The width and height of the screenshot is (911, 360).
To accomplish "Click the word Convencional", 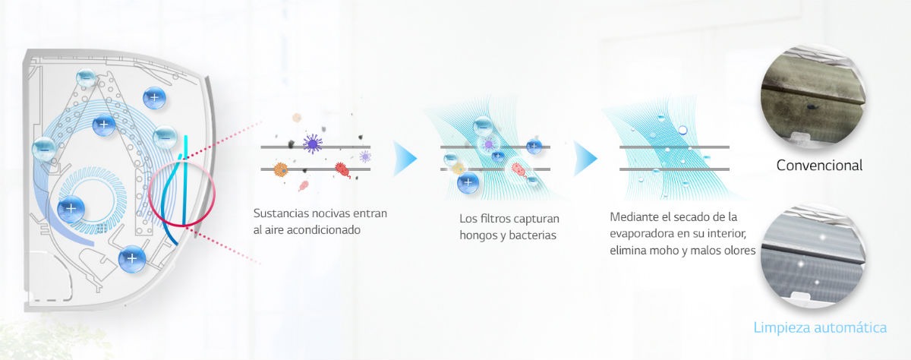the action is tap(819, 165).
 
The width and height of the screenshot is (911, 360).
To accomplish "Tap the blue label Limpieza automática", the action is tap(820, 327).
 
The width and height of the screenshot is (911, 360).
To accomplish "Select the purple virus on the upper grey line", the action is tap(313, 144).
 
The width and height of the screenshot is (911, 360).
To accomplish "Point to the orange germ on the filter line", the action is tap(280, 169).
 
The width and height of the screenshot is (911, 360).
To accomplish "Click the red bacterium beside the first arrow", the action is tap(343, 169).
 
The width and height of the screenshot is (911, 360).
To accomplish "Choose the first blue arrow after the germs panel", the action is tap(405, 158).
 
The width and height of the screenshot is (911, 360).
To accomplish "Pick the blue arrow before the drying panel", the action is tap(585, 158).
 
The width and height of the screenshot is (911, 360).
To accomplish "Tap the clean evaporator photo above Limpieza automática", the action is tap(813, 255).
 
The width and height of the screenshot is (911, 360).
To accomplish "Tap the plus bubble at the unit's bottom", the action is tap(132, 259).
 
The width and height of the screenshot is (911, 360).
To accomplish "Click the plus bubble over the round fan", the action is tap(71, 209).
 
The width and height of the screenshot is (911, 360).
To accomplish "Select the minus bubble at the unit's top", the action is tap(86, 77).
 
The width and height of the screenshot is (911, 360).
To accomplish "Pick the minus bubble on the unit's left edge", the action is tap(44, 149).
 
